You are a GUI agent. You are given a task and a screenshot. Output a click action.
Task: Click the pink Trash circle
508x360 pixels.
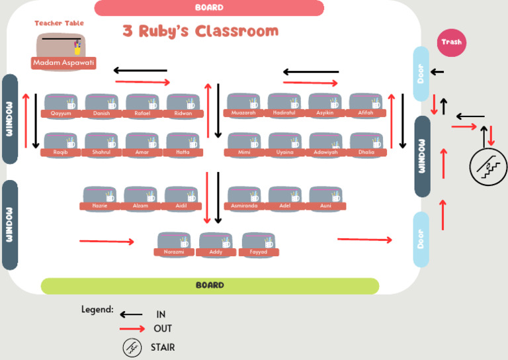pyautogui.click(x=452, y=42)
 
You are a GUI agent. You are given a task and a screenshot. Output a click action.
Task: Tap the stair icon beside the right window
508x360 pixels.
pyautogui.click(x=488, y=166)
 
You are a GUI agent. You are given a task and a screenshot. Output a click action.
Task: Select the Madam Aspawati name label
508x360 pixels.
pyautogui.click(x=63, y=63)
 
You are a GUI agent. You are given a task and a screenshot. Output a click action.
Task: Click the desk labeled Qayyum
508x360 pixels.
pyautogui.click(x=61, y=105)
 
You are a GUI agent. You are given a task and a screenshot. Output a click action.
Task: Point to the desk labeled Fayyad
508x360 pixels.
pyautogui.click(x=259, y=244)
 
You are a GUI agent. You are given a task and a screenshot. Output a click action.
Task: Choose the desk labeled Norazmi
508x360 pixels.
pyautogui.click(x=174, y=244)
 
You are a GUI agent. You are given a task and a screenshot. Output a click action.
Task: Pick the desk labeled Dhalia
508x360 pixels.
pyautogui.click(x=366, y=144)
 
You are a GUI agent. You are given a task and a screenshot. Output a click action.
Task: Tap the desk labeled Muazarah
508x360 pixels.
pyautogui.click(x=243, y=105)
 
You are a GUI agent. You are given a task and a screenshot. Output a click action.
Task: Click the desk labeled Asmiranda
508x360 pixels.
pyautogui.click(x=245, y=198)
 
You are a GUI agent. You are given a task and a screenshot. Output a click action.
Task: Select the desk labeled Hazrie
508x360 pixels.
pyautogui.click(x=100, y=198)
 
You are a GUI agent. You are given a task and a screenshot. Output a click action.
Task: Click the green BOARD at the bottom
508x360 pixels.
pyautogui.click(x=210, y=286)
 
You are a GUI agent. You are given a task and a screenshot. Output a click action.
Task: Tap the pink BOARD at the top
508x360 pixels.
pyautogui.click(x=209, y=8)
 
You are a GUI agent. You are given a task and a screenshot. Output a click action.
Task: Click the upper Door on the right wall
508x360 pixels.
pyautogui.click(x=421, y=74)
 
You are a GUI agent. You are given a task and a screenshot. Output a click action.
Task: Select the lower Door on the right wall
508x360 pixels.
pyautogui.click(x=421, y=239)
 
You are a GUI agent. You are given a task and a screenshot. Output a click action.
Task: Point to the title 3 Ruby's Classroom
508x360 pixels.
pyautogui.click(x=200, y=31)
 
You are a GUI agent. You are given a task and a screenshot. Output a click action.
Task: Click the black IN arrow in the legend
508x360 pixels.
pyautogui.click(x=131, y=315)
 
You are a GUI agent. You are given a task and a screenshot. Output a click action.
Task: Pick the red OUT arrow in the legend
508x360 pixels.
pyautogui.click(x=131, y=328)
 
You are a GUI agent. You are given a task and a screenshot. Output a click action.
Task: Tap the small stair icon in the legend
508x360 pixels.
pyautogui.click(x=132, y=347)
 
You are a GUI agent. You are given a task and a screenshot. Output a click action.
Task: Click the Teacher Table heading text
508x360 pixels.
pyautogui.click(x=60, y=23)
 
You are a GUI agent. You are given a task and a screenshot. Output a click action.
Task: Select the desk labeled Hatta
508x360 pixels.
pyautogui.click(x=183, y=144)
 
